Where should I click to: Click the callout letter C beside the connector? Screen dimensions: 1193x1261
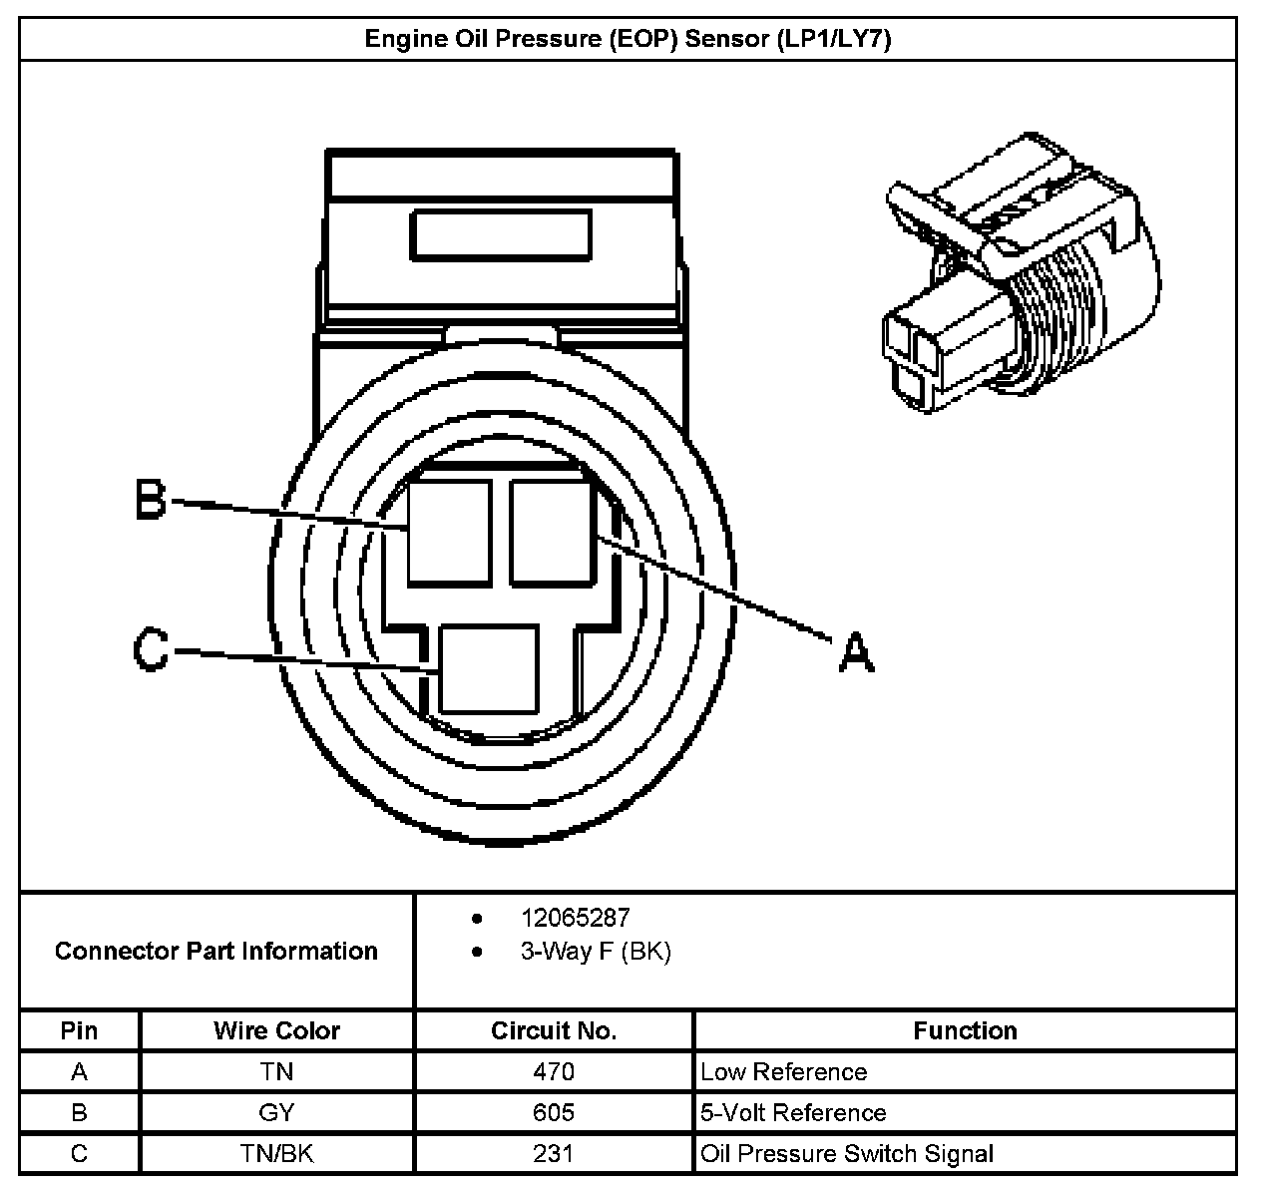click(152, 650)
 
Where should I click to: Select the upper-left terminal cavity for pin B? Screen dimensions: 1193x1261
click(449, 531)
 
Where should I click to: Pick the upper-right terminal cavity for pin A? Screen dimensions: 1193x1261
click(552, 531)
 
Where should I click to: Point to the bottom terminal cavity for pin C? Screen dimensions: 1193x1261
click(489, 668)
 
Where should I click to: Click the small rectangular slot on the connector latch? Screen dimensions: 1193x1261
click(501, 235)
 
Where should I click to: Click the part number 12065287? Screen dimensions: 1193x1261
click(575, 918)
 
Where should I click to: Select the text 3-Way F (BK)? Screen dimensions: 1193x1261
click(596, 952)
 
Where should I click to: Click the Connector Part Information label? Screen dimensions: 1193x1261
click(216, 951)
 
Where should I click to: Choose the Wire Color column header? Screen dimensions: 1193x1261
click(276, 1030)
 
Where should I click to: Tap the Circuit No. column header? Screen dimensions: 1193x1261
click(554, 1030)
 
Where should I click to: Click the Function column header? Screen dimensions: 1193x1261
click(965, 1030)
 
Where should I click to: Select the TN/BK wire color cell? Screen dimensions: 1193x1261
click(276, 1154)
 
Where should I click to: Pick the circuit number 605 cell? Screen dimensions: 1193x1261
click(554, 1113)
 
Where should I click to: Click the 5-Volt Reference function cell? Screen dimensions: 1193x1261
click(793, 1113)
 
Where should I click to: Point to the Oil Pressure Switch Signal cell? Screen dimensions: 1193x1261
click(847, 1154)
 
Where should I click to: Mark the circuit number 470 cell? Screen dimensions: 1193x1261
click(554, 1072)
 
